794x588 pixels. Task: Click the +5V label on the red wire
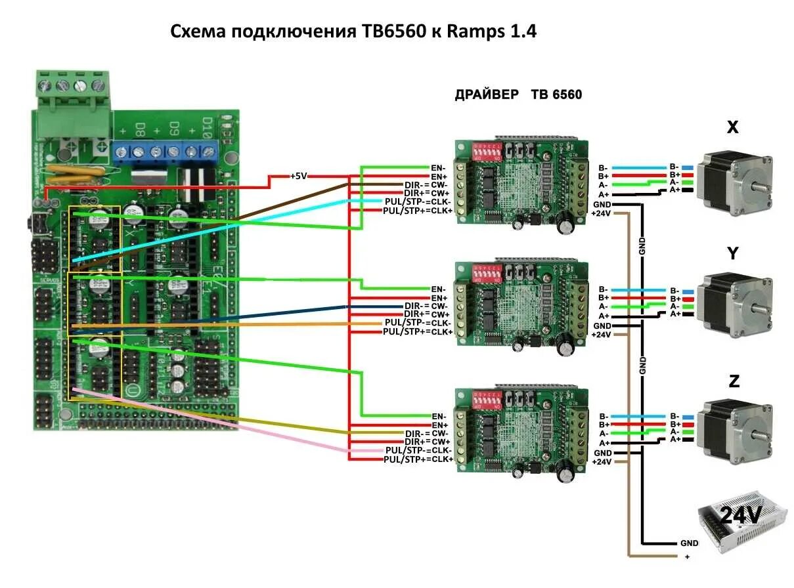click(299, 177)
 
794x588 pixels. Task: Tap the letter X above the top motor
click(733, 127)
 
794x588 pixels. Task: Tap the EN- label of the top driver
click(438, 168)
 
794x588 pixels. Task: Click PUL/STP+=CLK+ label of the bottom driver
click(418, 459)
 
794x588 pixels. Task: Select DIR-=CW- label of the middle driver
click(426, 306)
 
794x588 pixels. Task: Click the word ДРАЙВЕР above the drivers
click(486, 94)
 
